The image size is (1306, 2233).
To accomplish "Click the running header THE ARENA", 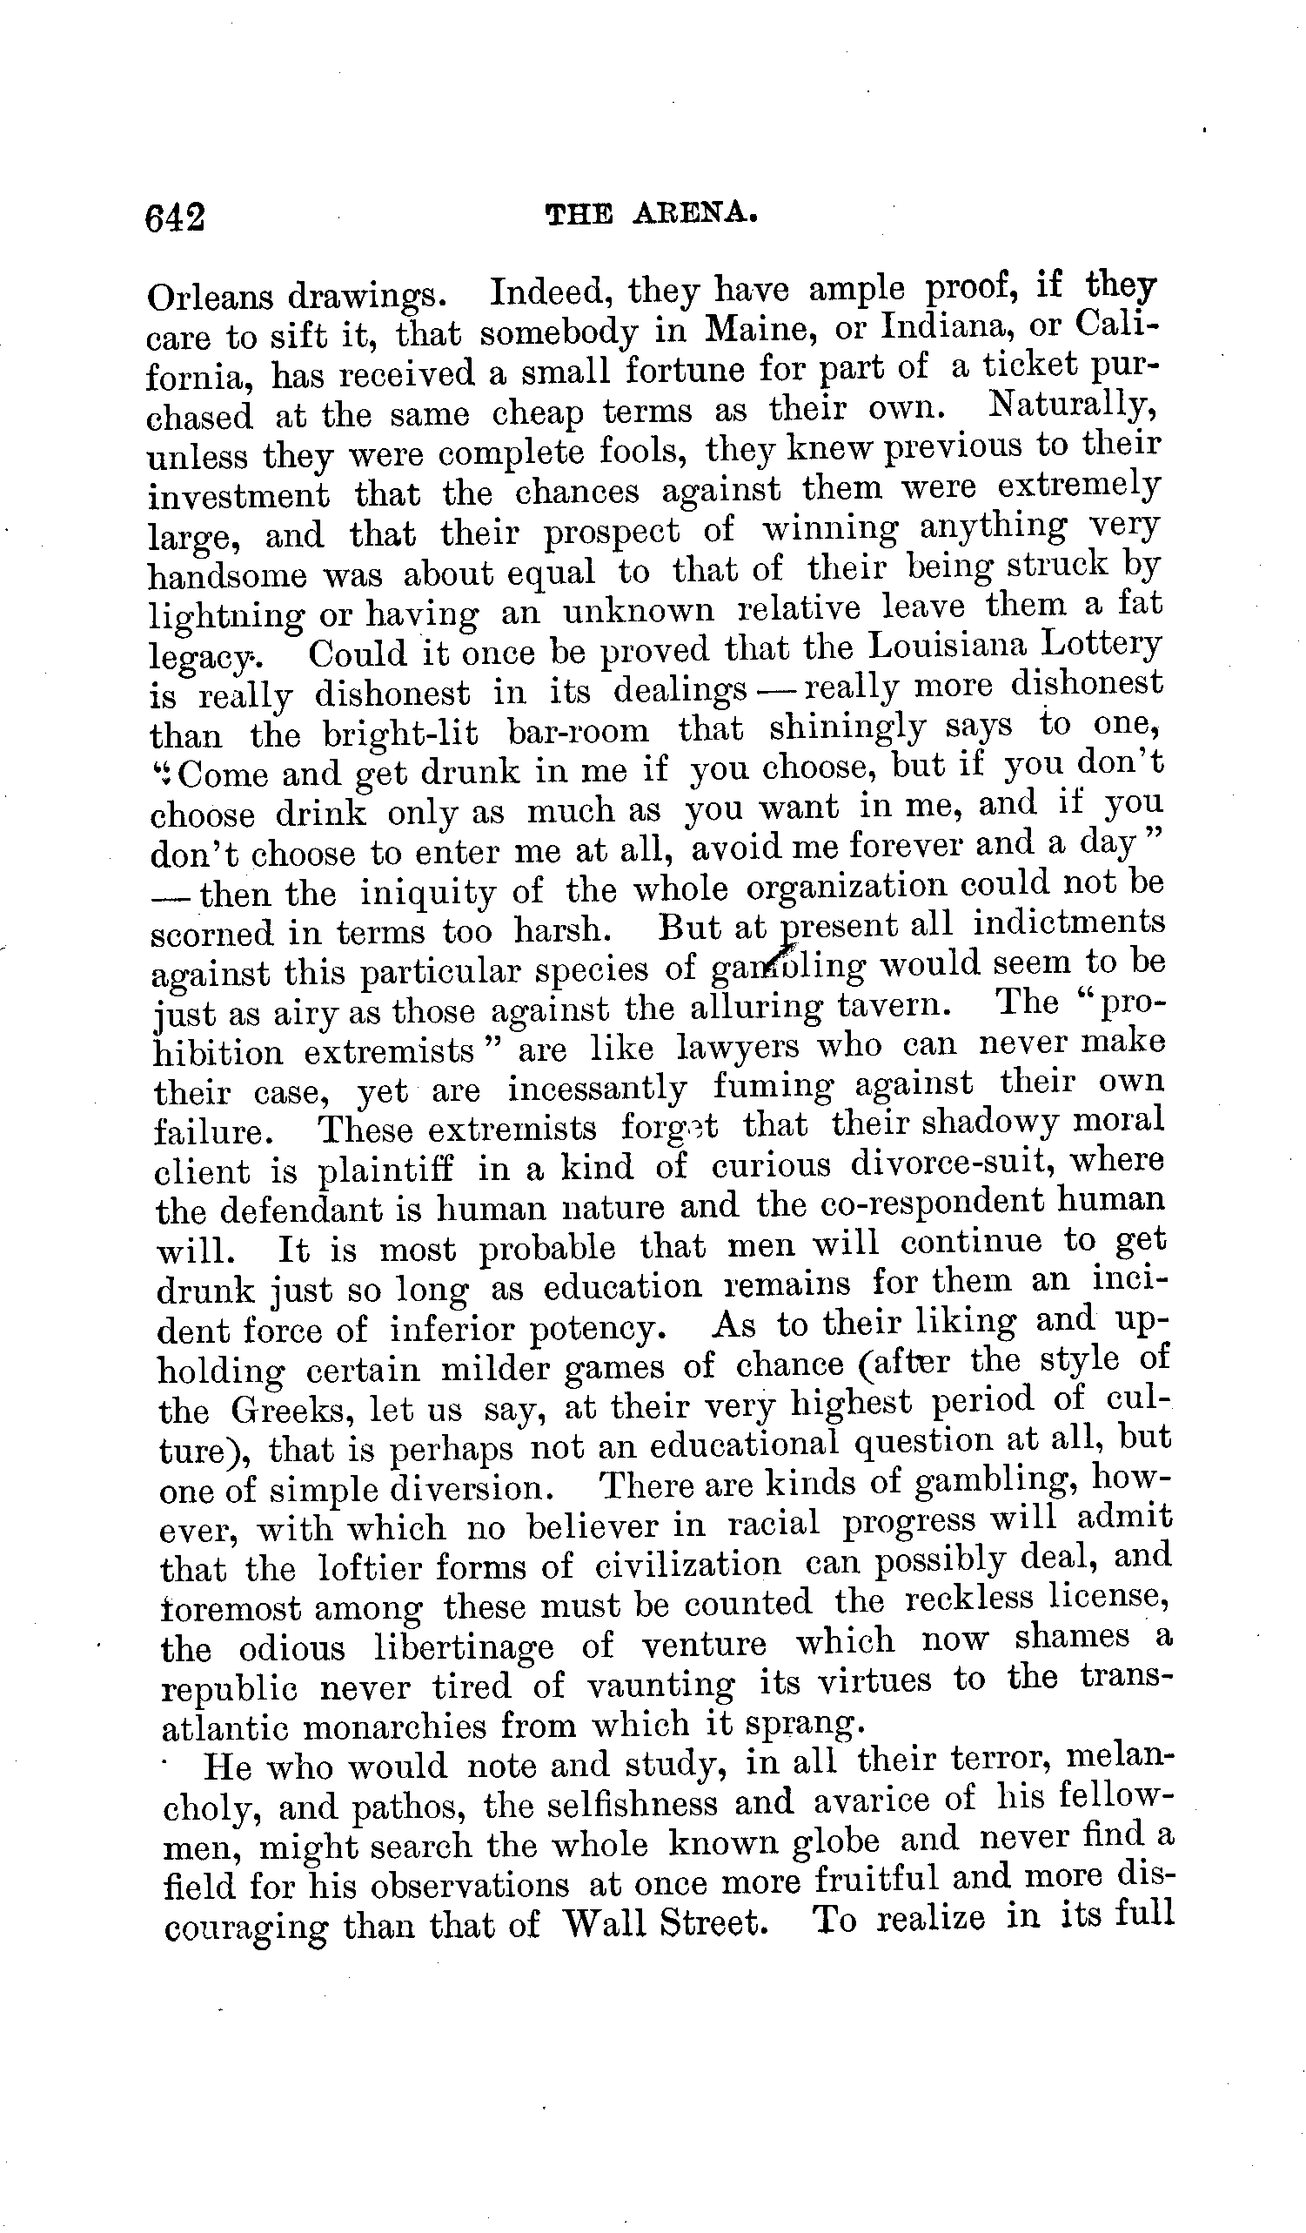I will coord(651,214).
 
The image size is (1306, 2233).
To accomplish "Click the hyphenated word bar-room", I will coord(578,732).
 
